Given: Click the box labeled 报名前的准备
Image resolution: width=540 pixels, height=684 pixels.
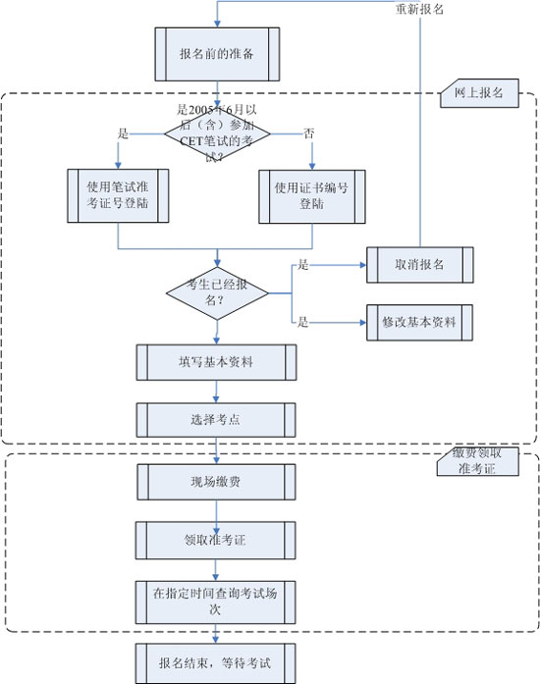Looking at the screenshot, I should tap(217, 53).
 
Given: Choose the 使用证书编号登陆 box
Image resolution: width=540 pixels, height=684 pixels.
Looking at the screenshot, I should tap(312, 196).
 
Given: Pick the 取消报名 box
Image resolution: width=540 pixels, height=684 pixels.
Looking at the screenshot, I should tap(419, 265).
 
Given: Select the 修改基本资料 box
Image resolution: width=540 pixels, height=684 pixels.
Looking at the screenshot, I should tap(419, 322).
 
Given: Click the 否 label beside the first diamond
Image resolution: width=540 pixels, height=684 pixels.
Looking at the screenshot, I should tap(310, 132).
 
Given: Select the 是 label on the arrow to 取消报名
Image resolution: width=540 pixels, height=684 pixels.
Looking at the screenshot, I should tap(302, 265).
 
